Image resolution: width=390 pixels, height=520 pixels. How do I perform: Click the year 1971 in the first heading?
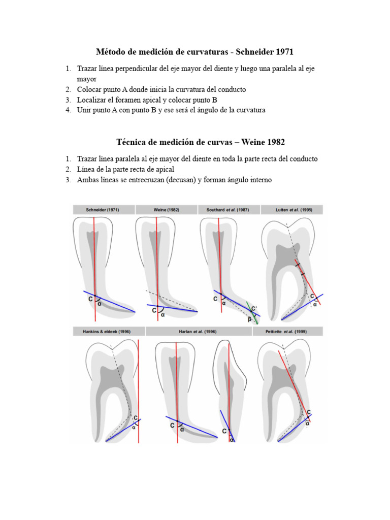pos(282,52)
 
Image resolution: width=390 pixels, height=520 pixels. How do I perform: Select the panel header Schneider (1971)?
pos(103,210)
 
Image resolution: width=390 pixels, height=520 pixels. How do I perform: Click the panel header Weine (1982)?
pos(166,210)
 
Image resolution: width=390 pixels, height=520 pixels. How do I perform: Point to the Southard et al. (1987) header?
pos(228,210)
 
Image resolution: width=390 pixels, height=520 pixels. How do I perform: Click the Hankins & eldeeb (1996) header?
pos(107,331)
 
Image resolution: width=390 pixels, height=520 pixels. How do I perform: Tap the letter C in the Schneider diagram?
pos(90,299)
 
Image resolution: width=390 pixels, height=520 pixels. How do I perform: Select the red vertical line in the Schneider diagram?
pos(95,254)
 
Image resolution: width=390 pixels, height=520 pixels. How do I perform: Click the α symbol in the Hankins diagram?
pos(134,427)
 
